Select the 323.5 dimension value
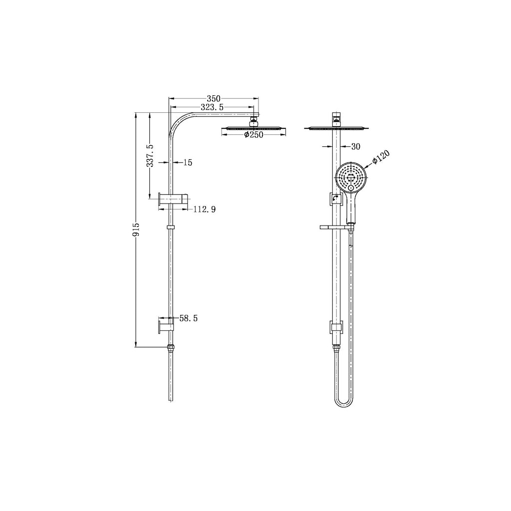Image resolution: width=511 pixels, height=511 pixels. click(212, 107)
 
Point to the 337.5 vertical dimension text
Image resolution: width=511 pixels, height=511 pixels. click(150, 156)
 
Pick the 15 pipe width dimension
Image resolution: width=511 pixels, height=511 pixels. click(188, 163)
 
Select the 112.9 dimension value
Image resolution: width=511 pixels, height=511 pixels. click(204, 210)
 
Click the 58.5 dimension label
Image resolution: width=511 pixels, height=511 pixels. click(189, 318)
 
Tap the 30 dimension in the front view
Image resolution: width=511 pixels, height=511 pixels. click(356, 147)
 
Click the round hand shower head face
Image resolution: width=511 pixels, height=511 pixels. click(351, 176)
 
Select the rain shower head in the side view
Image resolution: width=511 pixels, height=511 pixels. click(254, 129)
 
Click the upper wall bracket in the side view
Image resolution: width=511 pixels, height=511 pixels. click(173, 200)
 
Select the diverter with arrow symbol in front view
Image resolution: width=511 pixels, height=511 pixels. click(335, 200)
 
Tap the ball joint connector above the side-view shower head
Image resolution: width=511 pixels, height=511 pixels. click(254, 120)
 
